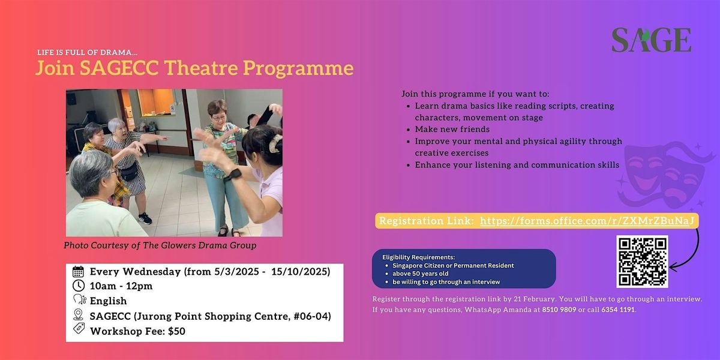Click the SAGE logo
click(651, 40)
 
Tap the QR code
click(642, 262)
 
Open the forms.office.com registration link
click(587, 221)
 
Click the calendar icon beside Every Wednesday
click(78, 271)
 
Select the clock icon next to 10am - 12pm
click(79, 286)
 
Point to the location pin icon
click(78, 314)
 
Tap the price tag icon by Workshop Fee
click(79, 329)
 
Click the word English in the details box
click(109, 301)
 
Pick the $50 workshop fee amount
click(176, 331)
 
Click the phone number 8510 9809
click(559, 310)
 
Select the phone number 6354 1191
click(618, 310)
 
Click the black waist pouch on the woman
click(129, 173)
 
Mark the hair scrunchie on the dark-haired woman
click(275, 143)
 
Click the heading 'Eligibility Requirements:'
click(419, 257)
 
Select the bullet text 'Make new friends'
click(452, 129)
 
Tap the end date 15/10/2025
click(301, 272)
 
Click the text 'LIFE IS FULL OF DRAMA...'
click(88, 52)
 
